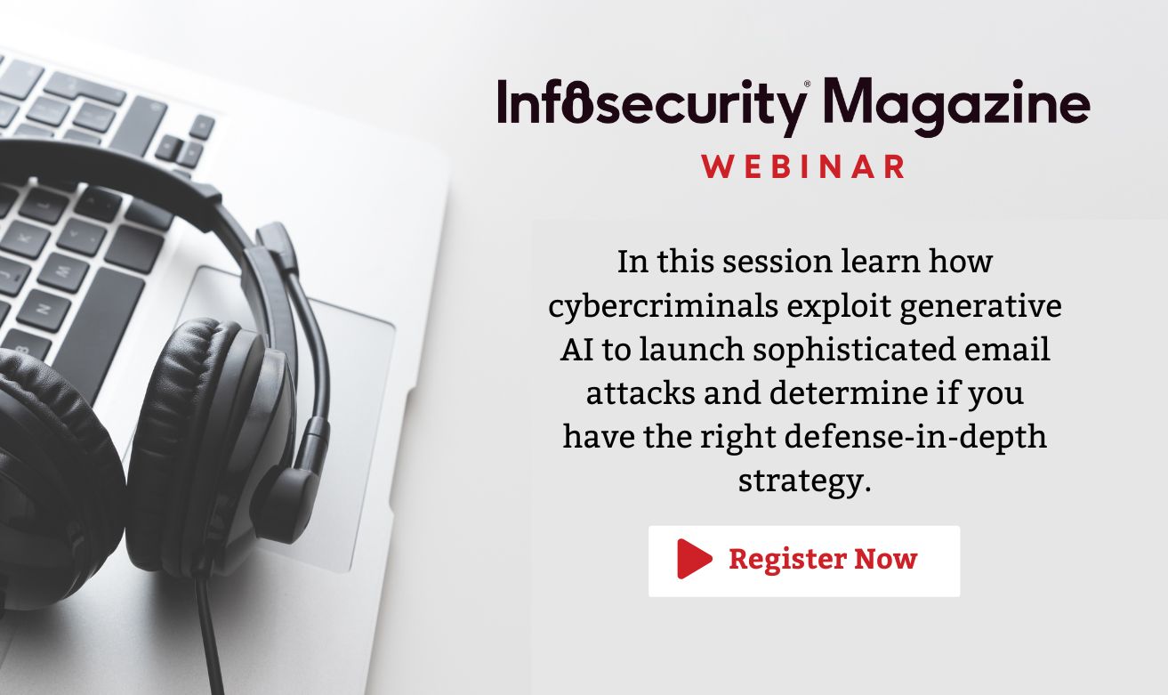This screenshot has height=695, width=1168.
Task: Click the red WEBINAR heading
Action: click(804, 166)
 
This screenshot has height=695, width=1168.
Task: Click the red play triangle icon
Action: click(694, 559)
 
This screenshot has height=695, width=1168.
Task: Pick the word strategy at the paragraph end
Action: click(802, 481)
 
